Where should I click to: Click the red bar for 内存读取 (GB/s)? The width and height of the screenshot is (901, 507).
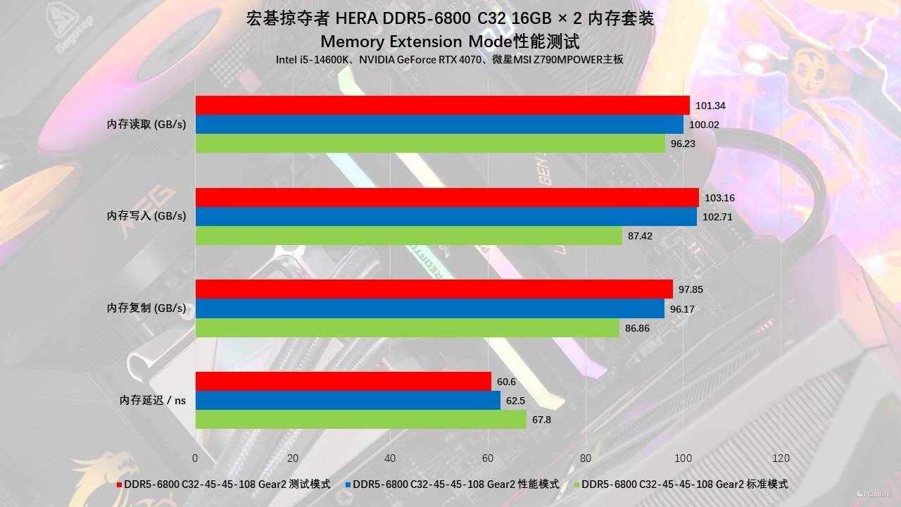coord(442,106)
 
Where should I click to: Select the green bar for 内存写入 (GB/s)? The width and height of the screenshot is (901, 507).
coord(408,236)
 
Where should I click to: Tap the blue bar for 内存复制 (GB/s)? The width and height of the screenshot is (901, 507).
coord(429,308)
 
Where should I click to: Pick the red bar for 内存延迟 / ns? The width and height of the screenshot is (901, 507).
coord(343,382)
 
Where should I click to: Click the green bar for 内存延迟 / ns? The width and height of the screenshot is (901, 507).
coord(360,420)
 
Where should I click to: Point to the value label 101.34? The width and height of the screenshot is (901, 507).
coord(710,106)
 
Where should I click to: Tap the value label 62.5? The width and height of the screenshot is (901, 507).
coord(514,401)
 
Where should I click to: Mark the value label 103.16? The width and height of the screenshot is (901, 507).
coord(719,198)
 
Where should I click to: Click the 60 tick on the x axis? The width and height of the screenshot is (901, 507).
coord(488,458)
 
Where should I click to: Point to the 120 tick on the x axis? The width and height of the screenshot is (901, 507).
coord(781,458)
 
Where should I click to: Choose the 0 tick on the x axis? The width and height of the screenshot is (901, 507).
coord(195,458)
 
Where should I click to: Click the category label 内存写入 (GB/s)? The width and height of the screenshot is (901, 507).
coord(146,216)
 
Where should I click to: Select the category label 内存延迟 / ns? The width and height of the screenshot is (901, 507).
coord(153,400)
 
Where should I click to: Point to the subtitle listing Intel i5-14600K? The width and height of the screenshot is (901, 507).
coord(450,60)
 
